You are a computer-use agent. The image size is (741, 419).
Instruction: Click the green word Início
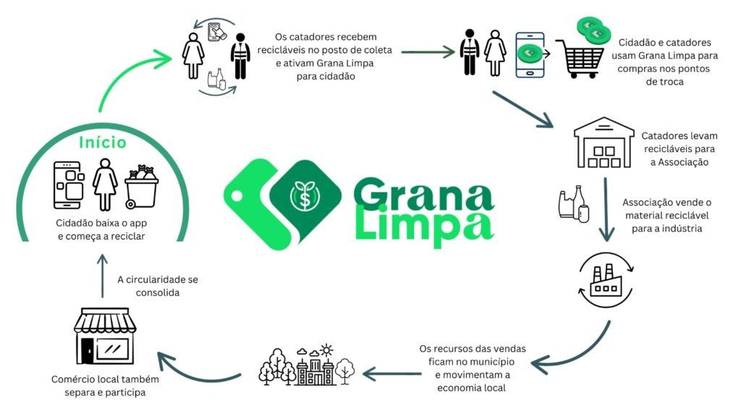(103, 142)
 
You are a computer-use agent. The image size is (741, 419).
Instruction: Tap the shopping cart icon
(580, 59)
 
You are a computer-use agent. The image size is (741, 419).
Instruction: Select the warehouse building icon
(604, 142)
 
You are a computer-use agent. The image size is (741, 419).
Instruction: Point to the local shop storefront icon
(105, 336)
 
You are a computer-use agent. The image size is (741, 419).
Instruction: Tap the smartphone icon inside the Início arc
(69, 185)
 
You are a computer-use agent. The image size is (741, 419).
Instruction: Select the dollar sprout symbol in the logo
(305, 195)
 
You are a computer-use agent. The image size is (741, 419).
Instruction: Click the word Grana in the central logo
(423, 194)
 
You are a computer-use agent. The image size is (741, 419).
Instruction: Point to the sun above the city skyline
(326, 350)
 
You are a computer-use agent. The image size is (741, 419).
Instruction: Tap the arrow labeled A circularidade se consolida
(103, 276)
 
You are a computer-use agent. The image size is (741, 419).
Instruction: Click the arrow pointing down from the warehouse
(606, 209)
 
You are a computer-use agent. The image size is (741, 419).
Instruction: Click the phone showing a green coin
(530, 55)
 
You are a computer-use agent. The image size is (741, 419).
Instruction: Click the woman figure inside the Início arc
(105, 185)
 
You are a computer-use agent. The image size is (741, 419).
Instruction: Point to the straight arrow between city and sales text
(391, 374)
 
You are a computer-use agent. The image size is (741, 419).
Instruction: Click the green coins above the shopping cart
(593, 30)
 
